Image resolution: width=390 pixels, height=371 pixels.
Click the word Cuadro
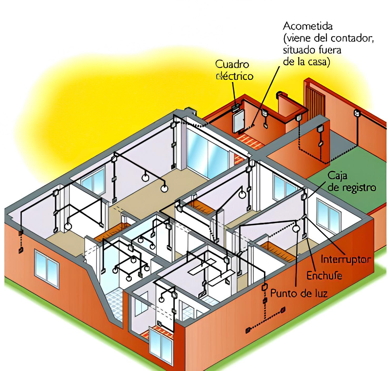pos(232,64)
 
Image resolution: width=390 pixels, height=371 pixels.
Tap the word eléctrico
pos(235,76)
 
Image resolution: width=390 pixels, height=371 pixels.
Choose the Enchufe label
pos(324,276)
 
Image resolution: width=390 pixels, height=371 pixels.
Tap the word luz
pos(320,293)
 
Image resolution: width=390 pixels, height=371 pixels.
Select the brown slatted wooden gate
pos(315,103)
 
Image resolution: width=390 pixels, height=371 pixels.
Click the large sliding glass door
pos(207,152)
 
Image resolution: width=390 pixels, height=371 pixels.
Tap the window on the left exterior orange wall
pos(47,269)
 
